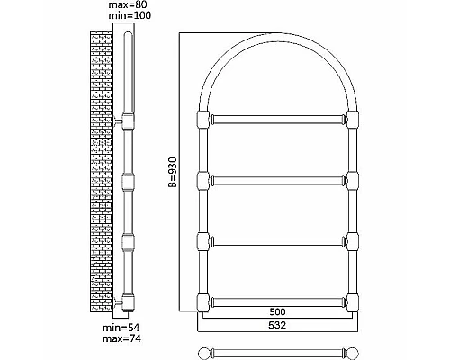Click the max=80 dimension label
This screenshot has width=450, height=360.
(128, 4)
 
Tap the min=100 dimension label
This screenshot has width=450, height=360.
(130, 15)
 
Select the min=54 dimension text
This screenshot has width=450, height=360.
(121, 328)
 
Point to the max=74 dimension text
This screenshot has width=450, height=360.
(121, 338)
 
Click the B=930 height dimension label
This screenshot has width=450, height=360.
(173, 172)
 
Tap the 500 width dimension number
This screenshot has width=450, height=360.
(277, 312)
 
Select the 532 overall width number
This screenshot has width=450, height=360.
(277, 325)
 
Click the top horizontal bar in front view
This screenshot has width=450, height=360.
(278, 120)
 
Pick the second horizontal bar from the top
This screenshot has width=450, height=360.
(278, 181)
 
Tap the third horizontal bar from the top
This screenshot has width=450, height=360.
(278, 241)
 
